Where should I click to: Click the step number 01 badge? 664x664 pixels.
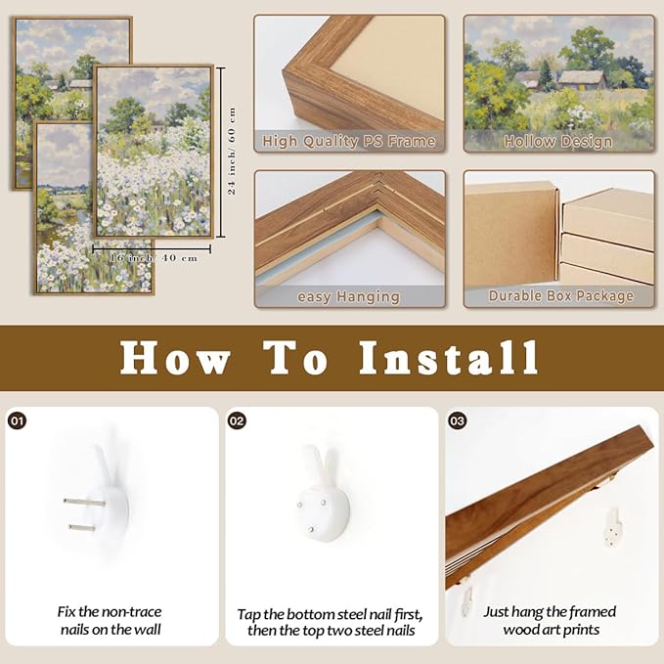pos(17,421)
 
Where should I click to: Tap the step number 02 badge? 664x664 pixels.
pos(237,421)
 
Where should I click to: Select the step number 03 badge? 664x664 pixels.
pos(457,421)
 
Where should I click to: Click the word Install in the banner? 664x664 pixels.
pos(449,358)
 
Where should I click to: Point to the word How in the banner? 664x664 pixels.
pos(175,359)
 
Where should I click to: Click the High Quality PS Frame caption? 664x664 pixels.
pos(348,141)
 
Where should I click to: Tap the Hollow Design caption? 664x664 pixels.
pos(558,142)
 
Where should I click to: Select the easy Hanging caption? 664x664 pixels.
pos(348,297)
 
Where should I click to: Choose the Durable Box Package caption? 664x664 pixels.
pos(560,295)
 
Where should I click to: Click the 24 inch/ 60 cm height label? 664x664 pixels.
pos(232,151)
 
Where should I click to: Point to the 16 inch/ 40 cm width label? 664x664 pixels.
pos(155,258)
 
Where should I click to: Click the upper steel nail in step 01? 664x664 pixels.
pos(84,503)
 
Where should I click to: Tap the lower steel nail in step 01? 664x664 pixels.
pos(86,528)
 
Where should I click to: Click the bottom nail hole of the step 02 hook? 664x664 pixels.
pos(311,529)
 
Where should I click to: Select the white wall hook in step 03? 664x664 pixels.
pos(613,527)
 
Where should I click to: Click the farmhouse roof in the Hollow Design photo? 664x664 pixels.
pos(582,76)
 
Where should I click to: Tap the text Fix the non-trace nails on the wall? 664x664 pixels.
pos(111,620)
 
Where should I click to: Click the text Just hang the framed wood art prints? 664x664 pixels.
pos(551,620)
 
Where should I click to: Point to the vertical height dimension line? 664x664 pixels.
pos(221,152)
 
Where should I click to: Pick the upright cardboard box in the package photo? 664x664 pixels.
pos(511,235)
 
